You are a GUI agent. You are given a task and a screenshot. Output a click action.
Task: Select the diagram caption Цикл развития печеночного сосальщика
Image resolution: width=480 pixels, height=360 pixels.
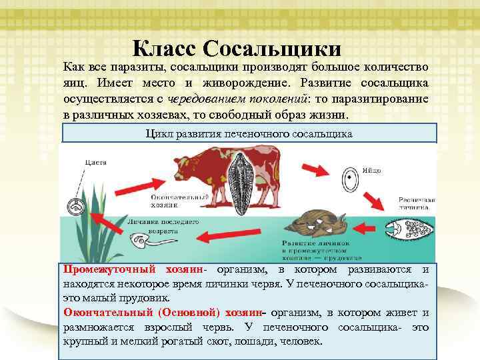249,133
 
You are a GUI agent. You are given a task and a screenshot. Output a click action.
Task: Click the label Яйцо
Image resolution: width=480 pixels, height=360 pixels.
373,171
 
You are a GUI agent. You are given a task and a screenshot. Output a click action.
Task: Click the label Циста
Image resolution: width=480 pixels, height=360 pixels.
95,162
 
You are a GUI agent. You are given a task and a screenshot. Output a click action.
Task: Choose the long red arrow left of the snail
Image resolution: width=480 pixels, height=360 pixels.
229,235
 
